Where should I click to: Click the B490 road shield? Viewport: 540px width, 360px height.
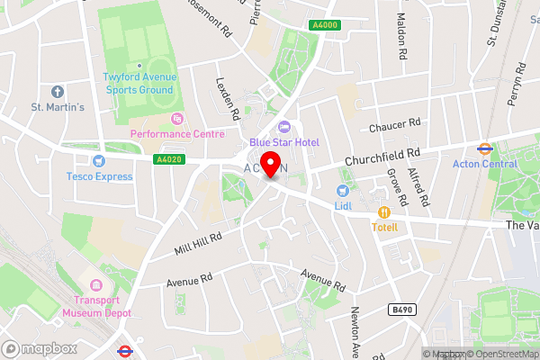pos(402,309)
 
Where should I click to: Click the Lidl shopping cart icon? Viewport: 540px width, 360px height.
pos(342,191)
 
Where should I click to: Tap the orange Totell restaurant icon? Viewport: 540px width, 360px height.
pos(384,212)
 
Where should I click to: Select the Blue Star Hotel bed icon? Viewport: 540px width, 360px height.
pos(284,128)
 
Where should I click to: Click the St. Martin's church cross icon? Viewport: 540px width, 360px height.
pos(58,92)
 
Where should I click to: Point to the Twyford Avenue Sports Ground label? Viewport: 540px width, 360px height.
pos(139,84)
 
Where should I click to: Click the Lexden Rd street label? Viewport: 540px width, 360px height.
pos(227,97)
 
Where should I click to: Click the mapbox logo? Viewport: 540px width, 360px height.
pos(36,347)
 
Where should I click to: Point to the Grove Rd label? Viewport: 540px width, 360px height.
pos(392,185)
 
